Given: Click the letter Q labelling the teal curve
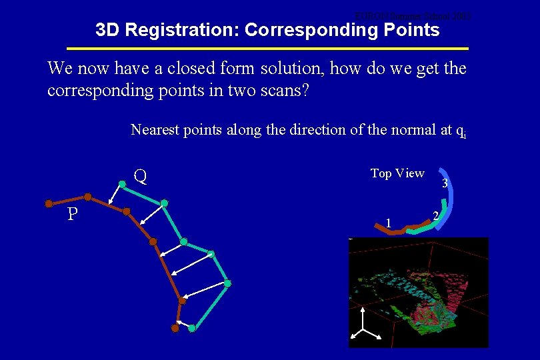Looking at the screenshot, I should click(x=140, y=177).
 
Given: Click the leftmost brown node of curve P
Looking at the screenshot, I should click(x=48, y=203).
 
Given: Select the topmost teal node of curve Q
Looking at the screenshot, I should click(x=122, y=184).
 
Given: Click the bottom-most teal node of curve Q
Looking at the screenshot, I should click(x=192, y=329).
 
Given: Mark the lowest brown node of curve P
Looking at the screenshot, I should click(x=175, y=327).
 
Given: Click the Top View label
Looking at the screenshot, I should click(x=397, y=173).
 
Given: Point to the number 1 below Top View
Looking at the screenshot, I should click(x=388, y=222).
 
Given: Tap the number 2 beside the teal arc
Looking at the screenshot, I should click(x=435, y=215).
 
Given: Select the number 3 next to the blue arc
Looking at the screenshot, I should click(x=445, y=184).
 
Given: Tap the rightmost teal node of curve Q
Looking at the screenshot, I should click(x=227, y=284).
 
